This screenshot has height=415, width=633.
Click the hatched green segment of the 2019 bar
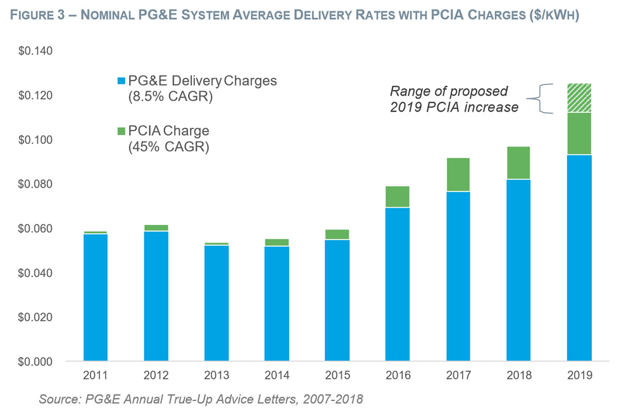tap(579, 98)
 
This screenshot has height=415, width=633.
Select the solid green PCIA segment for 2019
tap(579, 134)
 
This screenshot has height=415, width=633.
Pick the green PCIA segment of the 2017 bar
tap(458, 174)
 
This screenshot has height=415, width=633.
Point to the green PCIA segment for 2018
tap(518, 163)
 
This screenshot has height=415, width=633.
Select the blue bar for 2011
tap(95, 297)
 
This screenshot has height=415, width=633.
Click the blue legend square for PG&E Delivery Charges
tap(121, 82)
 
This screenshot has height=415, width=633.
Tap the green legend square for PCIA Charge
tap(121, 131)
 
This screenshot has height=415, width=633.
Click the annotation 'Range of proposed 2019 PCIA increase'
tap(454, 99)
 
